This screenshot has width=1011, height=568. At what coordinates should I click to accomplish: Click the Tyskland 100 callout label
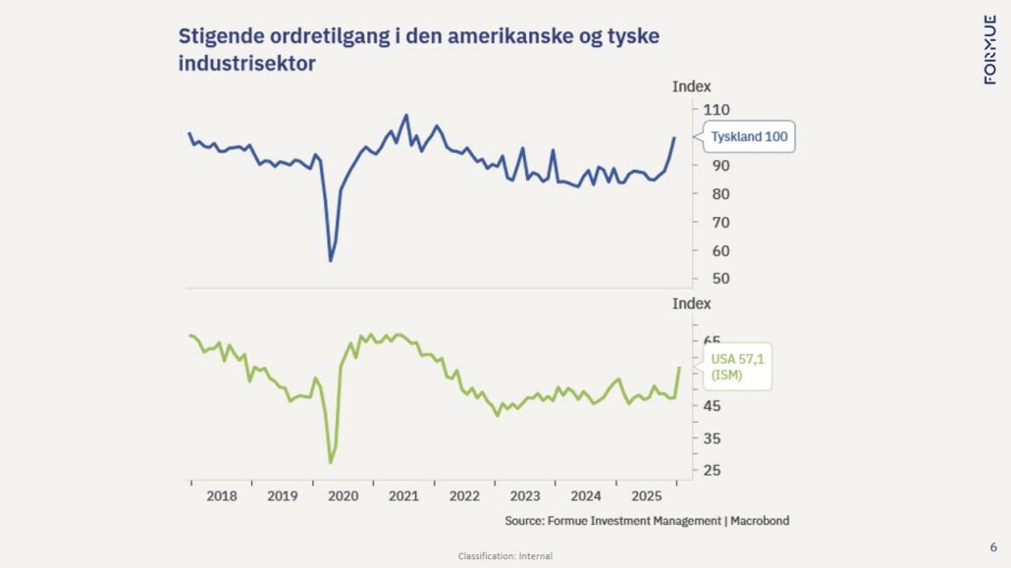tap(749, 137)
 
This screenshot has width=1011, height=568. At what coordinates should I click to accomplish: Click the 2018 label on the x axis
tap(222, 496)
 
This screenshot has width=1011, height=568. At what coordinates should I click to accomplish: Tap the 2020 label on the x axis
tap(343, 496)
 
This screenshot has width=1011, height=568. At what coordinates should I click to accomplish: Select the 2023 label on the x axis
tap(525, 496)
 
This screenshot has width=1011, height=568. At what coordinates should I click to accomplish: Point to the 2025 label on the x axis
tap(647, 496)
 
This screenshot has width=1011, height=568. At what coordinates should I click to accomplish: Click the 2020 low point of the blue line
tap(331, 260)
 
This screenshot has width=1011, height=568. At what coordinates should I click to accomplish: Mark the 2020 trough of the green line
tap(331, 462)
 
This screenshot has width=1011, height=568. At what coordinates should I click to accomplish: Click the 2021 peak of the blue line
tap(406, 115)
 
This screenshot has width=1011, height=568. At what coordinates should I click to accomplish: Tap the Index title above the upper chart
tap(691, 86)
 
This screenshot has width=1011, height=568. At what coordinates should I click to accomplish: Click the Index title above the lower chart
tap(691, 304)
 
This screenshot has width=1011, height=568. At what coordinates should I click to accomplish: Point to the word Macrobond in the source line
tap(758, 521)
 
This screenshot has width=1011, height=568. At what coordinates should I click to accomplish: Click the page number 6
tap(993, 546)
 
